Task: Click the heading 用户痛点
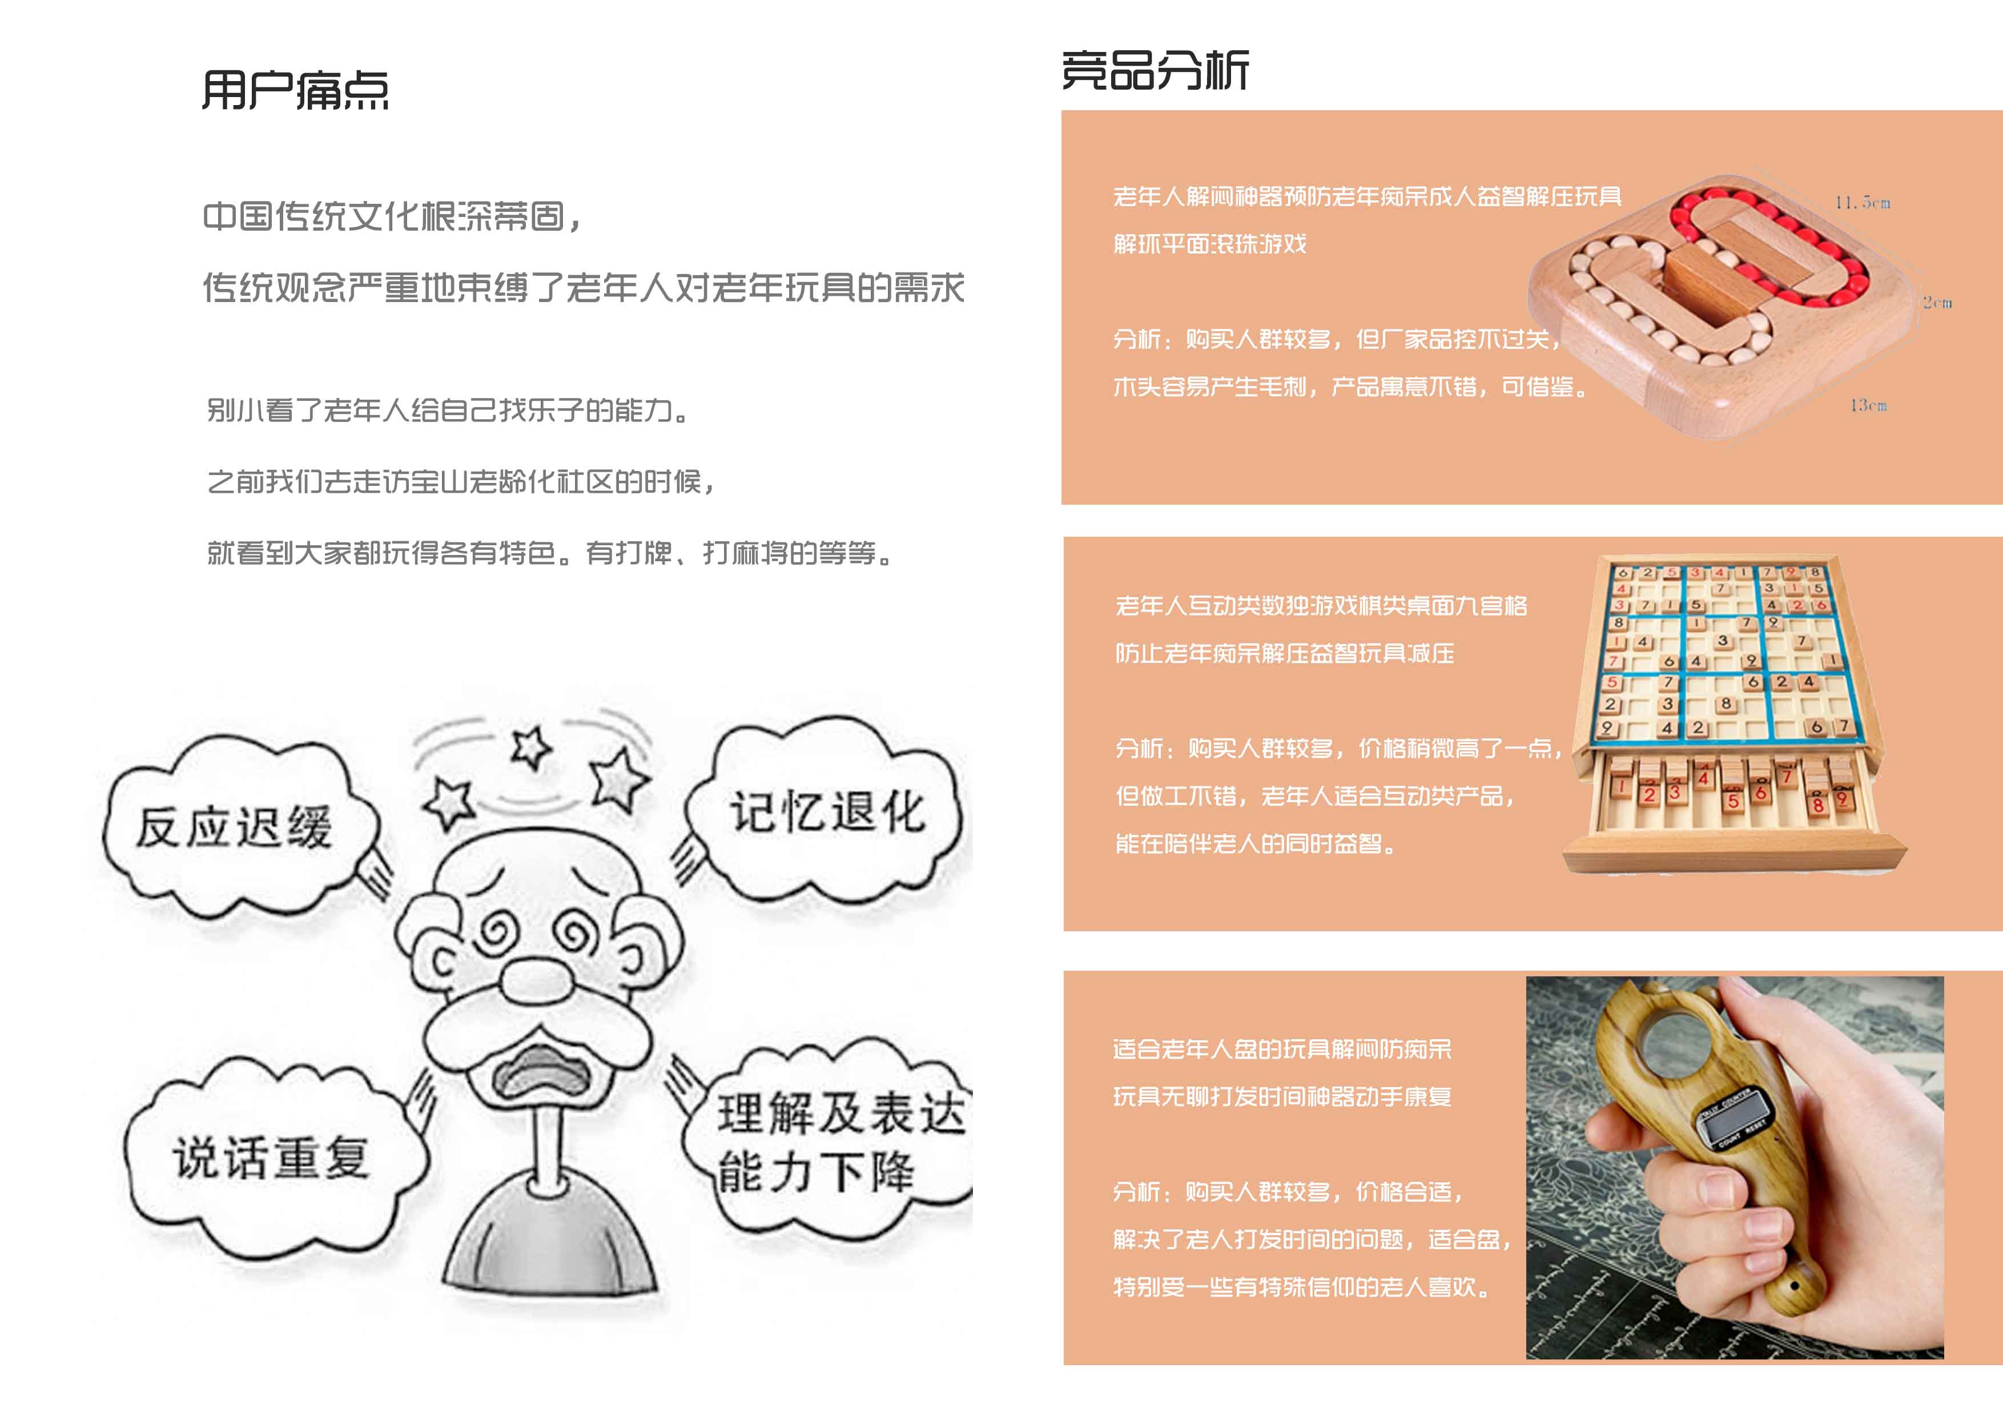(x=295, y=91)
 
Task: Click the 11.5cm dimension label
(x=1861, y=203)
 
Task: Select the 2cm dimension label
(x=1937, y=303)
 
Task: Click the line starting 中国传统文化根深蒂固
(x=393, y=217)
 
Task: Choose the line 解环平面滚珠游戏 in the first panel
(x=1209, y=244)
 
